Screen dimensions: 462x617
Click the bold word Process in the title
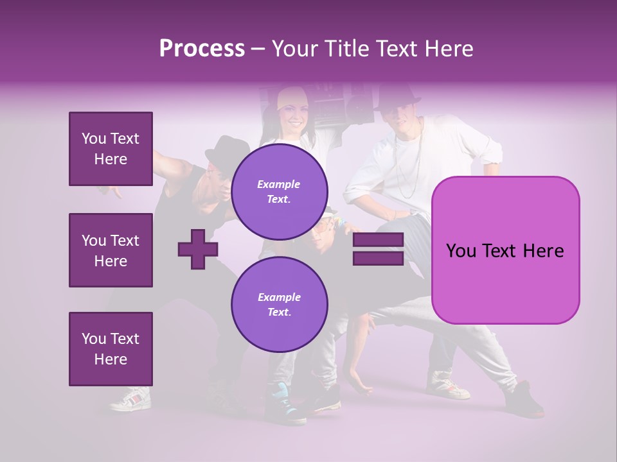click(x=202, y=49)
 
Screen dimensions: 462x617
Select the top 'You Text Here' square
click(x=111, y=149)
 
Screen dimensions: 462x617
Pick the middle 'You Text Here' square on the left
click(x=111, y=250)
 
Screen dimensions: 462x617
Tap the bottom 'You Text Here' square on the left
click(x=111, y=349)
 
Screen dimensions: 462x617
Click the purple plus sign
click(x=198, y=249)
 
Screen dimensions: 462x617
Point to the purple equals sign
click(x=378, y=249)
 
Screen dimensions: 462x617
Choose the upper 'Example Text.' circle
click(x=280, y=192)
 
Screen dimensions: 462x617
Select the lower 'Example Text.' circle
click(x=280, y=305)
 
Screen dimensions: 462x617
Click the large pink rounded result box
click(x=505, y=250)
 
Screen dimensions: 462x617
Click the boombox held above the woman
click(x=347, y=103)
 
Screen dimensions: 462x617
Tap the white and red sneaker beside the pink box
click(x=447, y=385)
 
